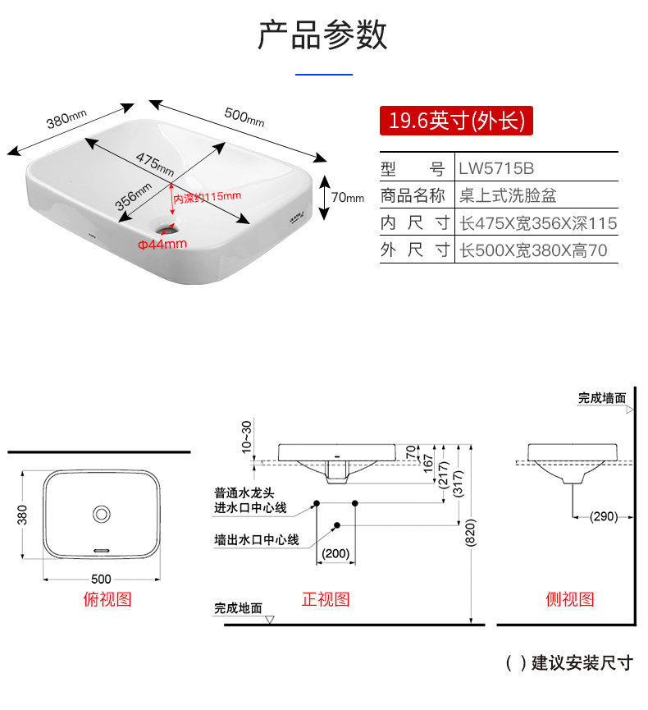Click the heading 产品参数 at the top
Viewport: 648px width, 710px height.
pos(322,35)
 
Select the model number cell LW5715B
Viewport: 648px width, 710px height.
pos(496,169)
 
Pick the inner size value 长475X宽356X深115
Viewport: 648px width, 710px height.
pos(537,223)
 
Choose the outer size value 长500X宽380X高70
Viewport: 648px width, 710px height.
pos(533,250)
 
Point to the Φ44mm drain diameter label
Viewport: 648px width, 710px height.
pos(162,244)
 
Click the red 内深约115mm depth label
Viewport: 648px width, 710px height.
pos(207,196)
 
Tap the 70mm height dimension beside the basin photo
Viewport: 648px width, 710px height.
pos(347,197)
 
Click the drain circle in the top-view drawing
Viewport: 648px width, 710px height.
pos(103,514)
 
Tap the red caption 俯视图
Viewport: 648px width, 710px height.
pos(107,599)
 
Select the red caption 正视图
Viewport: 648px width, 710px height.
pos(326,599)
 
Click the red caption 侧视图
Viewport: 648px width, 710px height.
pos(570,599)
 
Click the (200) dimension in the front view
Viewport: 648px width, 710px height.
pos(335,553)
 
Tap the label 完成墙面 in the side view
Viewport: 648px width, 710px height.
pos(601,398)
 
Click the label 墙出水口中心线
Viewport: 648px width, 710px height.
pos(256,540)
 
